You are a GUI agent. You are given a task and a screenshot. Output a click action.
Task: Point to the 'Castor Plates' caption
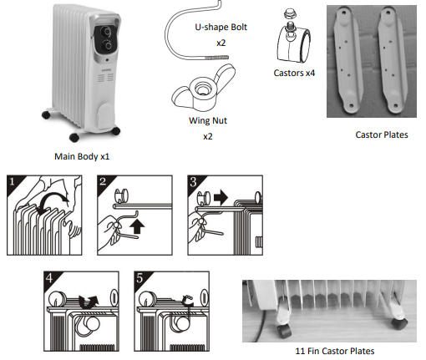382,134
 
